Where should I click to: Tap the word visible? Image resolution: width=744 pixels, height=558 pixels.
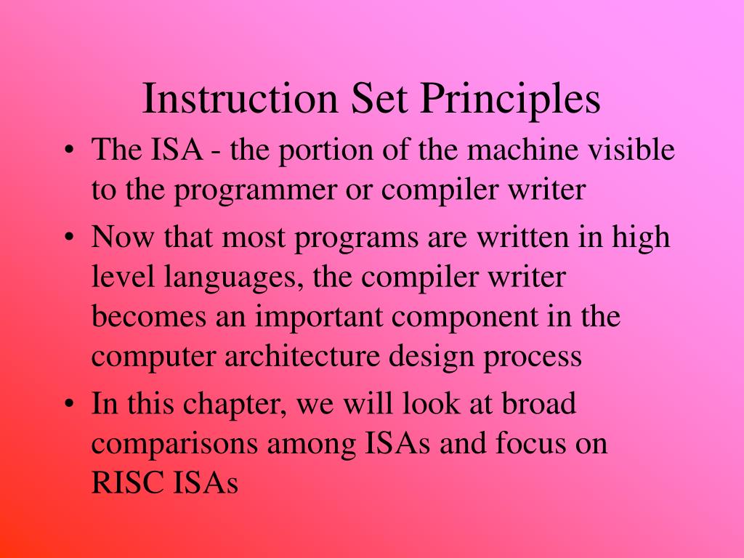[631, 151]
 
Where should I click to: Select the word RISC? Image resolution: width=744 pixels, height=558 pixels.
[124, 482]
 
